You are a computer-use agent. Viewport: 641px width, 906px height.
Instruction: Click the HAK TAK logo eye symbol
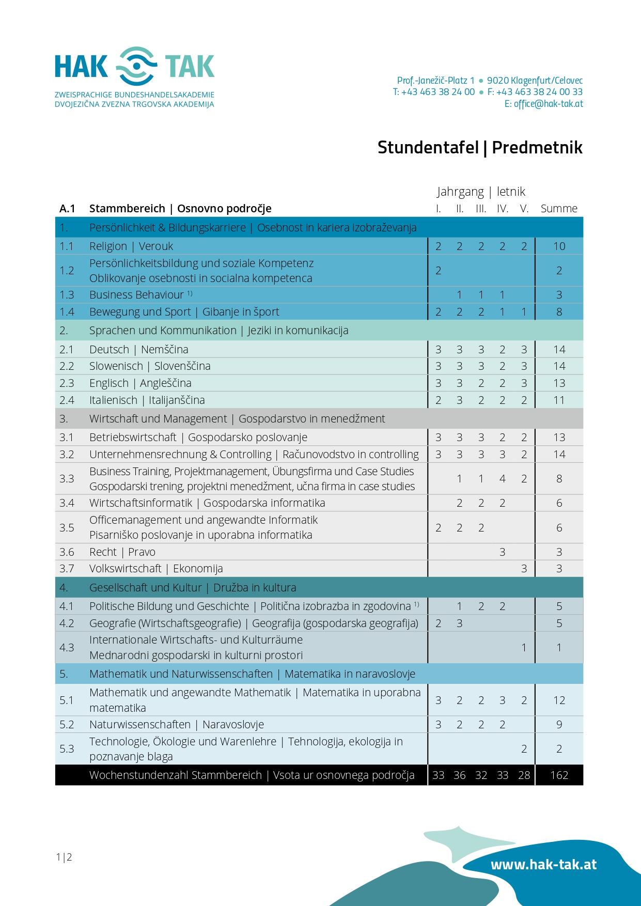(136, 66)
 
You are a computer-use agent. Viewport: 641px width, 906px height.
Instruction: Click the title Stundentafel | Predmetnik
(480, 148)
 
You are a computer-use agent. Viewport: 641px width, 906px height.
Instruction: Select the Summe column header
(559, 209)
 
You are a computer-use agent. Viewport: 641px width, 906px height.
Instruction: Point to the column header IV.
(502, 209)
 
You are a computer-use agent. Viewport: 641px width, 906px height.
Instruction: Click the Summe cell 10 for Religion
(559, 246)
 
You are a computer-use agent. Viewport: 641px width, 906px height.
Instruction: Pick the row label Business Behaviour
(136, 295)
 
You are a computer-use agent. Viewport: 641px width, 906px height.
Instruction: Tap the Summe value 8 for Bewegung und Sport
(559, 312)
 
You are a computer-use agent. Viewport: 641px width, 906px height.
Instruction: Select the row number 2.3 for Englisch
(67, 383)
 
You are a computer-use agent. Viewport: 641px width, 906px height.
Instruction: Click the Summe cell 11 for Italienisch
(559, 400)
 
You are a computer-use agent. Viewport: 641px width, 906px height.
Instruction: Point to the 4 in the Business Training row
(502, 479)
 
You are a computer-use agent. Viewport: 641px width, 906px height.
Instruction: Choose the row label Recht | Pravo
(122, 552)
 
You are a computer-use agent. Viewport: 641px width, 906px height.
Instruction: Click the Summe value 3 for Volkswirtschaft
(559, 569)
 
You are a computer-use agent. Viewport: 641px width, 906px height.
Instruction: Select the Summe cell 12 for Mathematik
(559, 700)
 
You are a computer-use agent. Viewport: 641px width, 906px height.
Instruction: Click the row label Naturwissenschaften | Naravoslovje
(177, 725)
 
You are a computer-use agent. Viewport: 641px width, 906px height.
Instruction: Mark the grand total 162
(559, 775)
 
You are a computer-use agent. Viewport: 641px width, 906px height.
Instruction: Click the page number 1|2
(64, 857)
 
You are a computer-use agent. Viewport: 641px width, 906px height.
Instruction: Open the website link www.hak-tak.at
(543, 865)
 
